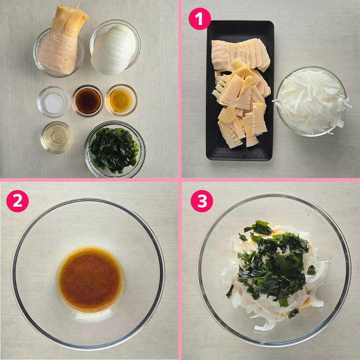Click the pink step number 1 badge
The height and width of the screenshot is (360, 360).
pyautogui.click(x=199, y=19)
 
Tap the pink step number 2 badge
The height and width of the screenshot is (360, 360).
pyautogui.click(x=18, y=201)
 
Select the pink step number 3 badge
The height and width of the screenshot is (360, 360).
pyautogui.click(x=202, y=201)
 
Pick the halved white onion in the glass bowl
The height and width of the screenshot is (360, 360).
pyautogui.click(x=114, y=49)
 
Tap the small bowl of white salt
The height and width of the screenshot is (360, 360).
pyautogui.click(x=54, y=102)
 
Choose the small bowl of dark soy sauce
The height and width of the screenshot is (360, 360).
pyautogui.click(x=87, y=101)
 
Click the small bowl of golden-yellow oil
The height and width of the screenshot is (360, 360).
pyautogui.click(x=121, y=100)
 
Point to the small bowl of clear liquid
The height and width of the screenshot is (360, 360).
pyautogui.click(x=57, y=137)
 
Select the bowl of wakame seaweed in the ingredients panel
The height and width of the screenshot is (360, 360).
pyautogui.click(x=115, y=150)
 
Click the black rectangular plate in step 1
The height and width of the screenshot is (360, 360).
pyautogui.click(x=240, y=90)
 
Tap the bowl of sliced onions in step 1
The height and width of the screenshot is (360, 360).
pyautogui.click(x=311, y=102)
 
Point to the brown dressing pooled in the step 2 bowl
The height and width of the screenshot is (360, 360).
pyautogui.click(x=90, y=279)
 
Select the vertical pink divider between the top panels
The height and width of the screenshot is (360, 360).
pyautogui.click(x=180, y=89)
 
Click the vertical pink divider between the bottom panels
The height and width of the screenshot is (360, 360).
pyautogui.click(x=180, y=271)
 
